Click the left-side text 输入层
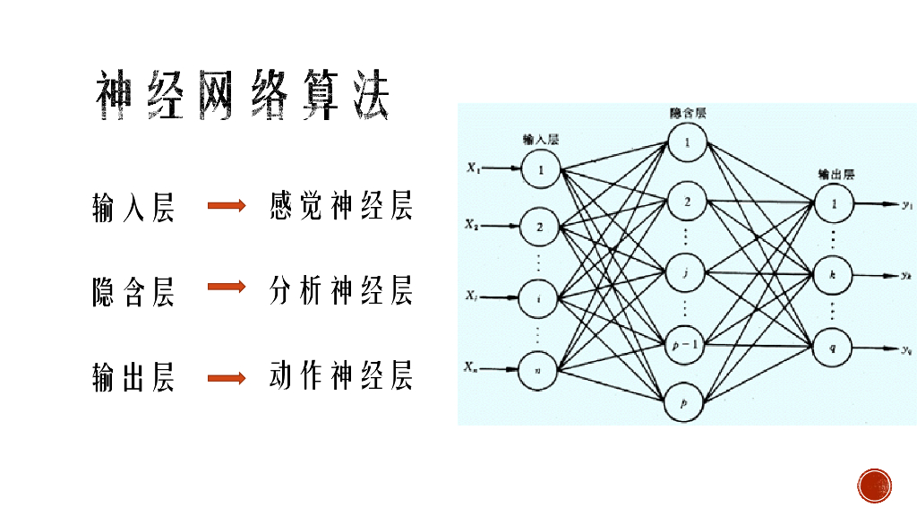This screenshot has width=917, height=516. pos(133,208)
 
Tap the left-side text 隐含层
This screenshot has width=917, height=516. pos(133,291)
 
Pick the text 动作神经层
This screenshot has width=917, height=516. pos(341,376)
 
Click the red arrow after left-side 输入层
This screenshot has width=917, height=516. pos(227,206)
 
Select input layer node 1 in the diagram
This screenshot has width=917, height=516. pos(540,168)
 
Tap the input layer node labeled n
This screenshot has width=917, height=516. pos(538,370)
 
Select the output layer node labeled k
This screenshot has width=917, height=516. pos(833,274)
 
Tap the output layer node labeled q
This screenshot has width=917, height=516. pos(833,345)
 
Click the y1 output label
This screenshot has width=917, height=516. pos(906,205)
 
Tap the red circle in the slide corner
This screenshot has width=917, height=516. pos(874,486)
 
